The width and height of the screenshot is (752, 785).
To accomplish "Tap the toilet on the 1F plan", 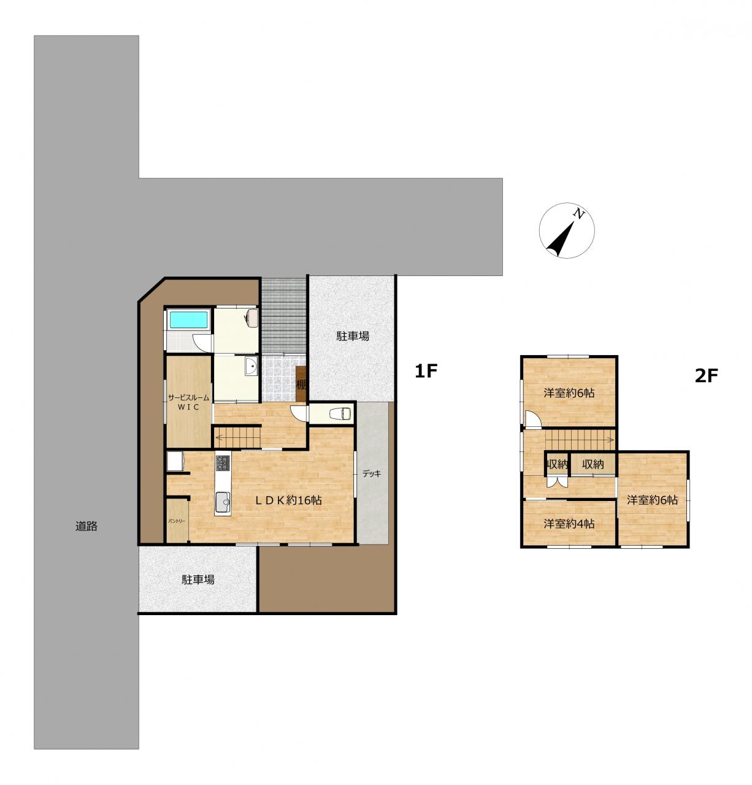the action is pos(339,414).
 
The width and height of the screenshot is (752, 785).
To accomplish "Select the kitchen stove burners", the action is pos(222,462).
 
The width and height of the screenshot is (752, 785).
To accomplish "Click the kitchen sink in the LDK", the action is pos(223,503).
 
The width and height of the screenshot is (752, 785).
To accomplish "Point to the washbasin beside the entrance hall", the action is pos(251,367).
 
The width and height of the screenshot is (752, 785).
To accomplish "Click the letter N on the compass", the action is pos(579,214).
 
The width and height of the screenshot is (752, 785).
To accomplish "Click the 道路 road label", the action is pos(86,526).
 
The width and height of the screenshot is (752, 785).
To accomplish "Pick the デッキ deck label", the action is pos(372,474).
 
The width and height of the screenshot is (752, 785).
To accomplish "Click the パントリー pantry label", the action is pos(177,521).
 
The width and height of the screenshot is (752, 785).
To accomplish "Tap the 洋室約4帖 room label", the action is pos(569,524).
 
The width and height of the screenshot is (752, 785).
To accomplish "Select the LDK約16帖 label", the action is pos(288,500).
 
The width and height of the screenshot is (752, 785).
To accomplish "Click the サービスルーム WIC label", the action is pos(189,402).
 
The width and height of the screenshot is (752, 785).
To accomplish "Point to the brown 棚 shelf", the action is pos(301,384).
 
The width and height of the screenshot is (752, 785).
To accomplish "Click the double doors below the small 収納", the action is pos(557,483).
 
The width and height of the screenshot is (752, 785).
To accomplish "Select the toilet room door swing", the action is pos(297,413).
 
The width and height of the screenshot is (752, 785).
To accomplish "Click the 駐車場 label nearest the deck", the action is pos(353,336).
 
